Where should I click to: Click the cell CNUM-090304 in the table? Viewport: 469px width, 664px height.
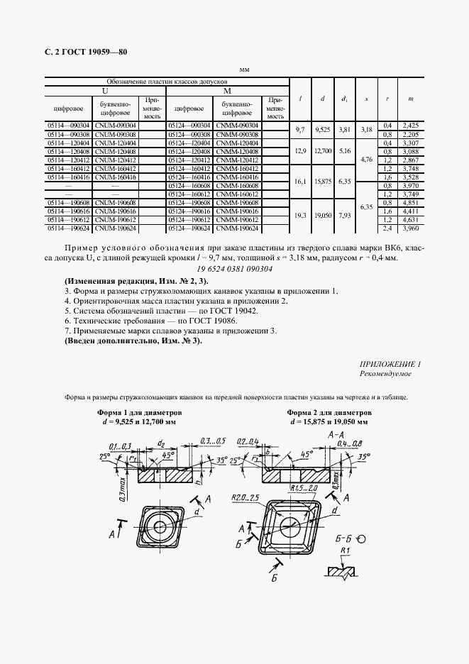(116, 126)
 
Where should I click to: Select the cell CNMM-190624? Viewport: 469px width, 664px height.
(237, 229)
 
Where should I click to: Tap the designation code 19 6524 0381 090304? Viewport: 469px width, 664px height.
(234, 269)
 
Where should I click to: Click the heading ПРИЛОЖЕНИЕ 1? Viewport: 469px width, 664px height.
(390, 363)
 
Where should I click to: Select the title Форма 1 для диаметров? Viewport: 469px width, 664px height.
(139, 412)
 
